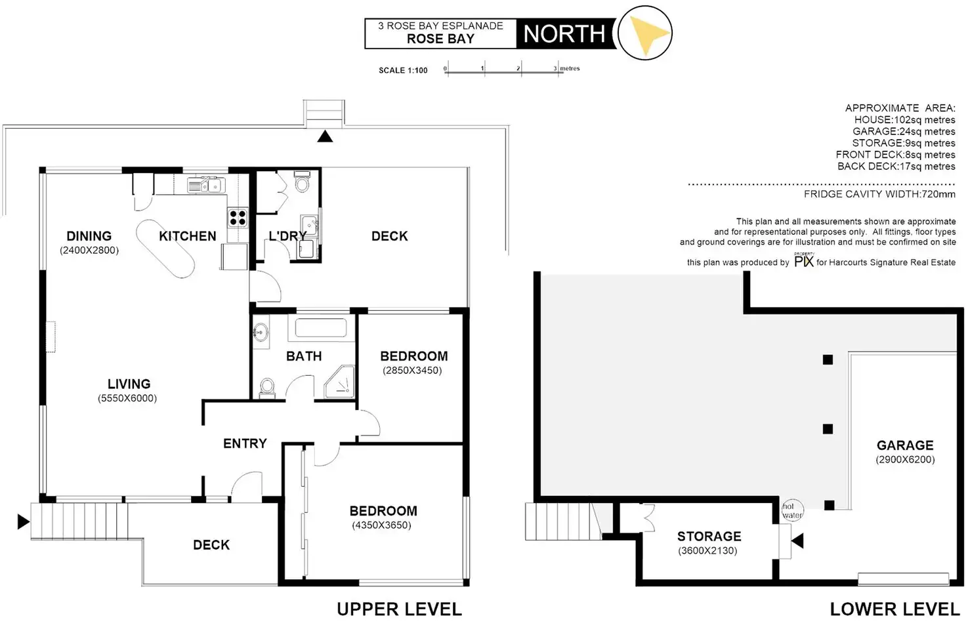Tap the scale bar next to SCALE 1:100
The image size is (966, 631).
pos(503,70)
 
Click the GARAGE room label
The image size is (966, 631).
pos(905,445)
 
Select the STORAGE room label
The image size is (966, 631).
pos(709,537)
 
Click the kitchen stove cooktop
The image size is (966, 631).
pos(238,217)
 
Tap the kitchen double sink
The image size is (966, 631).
pos(206,186)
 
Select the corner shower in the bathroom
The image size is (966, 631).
pos(341,383)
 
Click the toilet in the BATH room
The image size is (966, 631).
pos(267,387)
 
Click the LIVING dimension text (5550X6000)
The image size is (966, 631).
pos(128,398)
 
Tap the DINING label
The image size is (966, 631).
pos(89,236)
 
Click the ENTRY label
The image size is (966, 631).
pos(245,444)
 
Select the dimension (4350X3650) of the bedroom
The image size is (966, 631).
pos(381,525)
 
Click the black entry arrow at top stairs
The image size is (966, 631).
pos(325,136)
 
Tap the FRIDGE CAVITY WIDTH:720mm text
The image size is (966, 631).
pos(879,194)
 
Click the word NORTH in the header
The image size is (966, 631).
pos(564,34)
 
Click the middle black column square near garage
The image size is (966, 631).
pos(828,429)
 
